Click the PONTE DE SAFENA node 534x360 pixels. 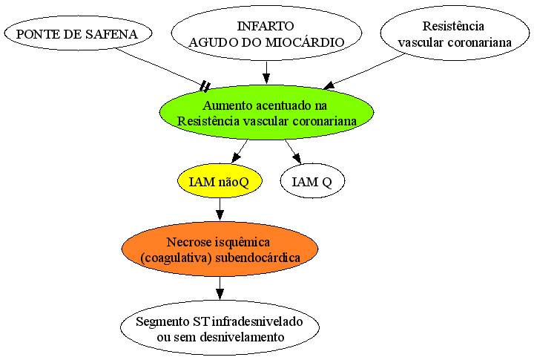coord(78,33)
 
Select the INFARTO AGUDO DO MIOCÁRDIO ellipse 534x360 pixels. coord(266,33)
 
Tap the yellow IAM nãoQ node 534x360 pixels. coord(220,181)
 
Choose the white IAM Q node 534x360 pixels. coord(312,181)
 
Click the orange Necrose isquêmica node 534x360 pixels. coord(220,249)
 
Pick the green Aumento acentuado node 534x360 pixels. coord(267,113)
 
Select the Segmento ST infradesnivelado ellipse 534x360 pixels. coord(220,328)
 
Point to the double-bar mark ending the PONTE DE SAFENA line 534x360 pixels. coord(205,87)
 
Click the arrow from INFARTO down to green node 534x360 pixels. coord(266,73)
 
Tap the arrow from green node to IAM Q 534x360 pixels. coord(293,151)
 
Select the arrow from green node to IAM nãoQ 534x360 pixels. coord(240,151)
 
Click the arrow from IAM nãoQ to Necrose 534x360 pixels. coord(220,209)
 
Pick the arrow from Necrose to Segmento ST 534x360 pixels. coord(220,289)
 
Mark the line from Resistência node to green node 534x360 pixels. coord(363,71)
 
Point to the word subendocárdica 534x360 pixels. coord(258,258)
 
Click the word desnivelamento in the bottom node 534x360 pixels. coord(242,337)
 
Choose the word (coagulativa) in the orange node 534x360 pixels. coord(176,258)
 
